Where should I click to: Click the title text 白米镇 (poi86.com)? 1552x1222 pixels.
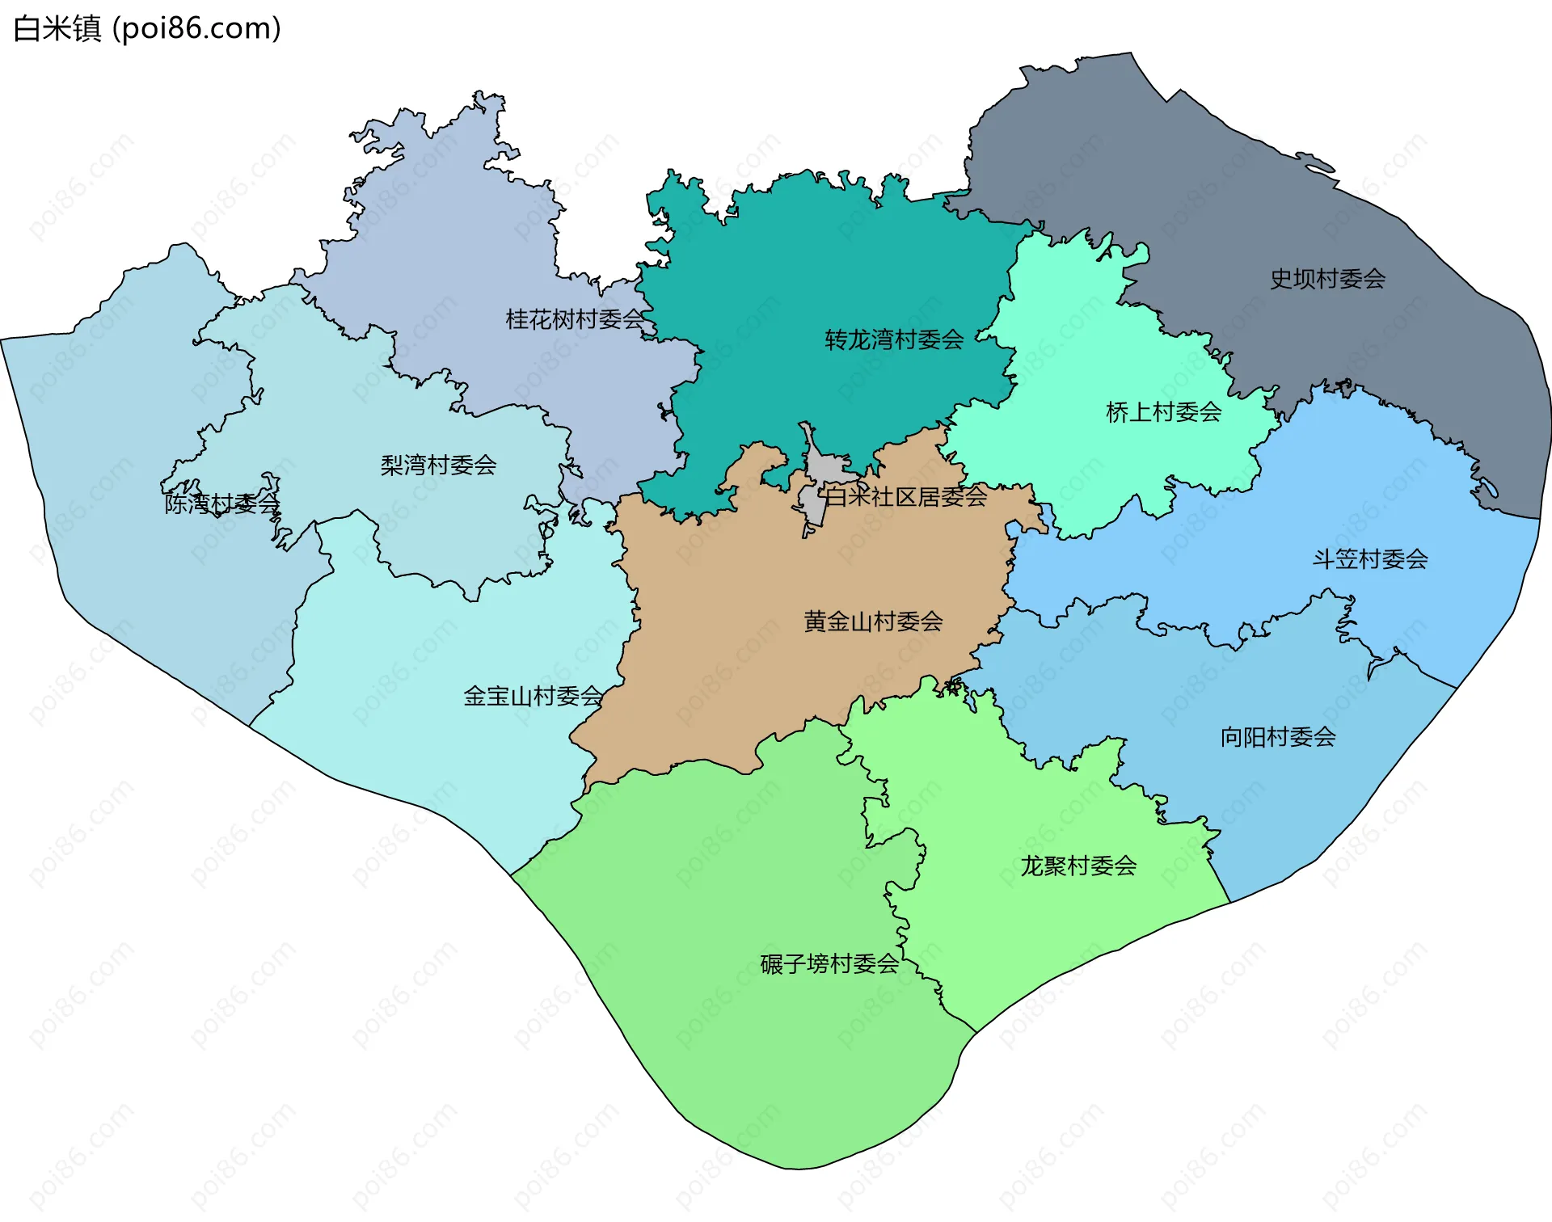click(x=147, y=28)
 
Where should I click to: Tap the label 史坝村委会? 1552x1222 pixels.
click(x=1327, y=279)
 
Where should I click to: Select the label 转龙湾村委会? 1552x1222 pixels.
click(x=894, y=339)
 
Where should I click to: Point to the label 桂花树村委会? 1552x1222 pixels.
click(x=575, y=319)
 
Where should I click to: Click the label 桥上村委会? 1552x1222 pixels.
click(x=1163, y=412)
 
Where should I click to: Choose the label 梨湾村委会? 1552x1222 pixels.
click(x=438, y=465)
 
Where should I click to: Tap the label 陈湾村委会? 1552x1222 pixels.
click(x=221, y=504)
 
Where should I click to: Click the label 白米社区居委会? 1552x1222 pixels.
click(x=905, y=496)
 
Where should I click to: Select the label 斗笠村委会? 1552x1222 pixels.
click(x=1369, y=558)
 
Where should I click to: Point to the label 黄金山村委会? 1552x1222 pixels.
click(x=873, y=621)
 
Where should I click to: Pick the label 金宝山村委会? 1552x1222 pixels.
click(x=533, y=695)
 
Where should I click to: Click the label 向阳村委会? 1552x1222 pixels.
click(x=1277, y=736)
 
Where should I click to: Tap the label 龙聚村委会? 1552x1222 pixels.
click(x=1078, y=866)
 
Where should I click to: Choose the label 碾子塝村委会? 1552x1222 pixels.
click(x=829, y=963)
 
